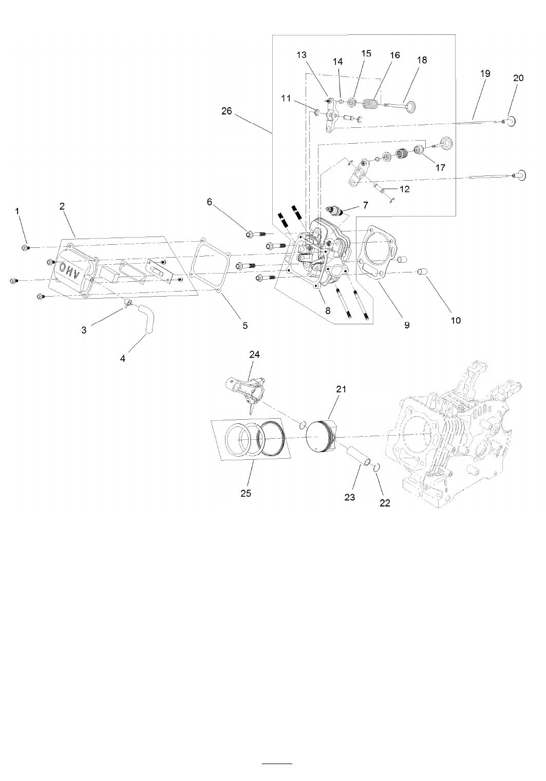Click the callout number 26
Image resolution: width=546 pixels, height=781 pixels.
(x=227, y=111)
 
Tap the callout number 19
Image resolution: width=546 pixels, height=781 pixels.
(x=485, y=73)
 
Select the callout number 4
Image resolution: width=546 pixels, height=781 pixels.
(x=123, y=358)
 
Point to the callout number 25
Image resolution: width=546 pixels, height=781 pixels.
(x=246, y=493)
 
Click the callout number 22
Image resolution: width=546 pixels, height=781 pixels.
(x=385, y=503)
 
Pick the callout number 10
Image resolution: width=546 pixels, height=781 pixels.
(x=456, y=320)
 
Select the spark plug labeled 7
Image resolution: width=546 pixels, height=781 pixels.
(x=334, y=210)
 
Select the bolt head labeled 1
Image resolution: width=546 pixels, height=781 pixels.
(x=25, y=248)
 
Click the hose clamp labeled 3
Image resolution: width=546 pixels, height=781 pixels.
(x=127, y=302)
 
